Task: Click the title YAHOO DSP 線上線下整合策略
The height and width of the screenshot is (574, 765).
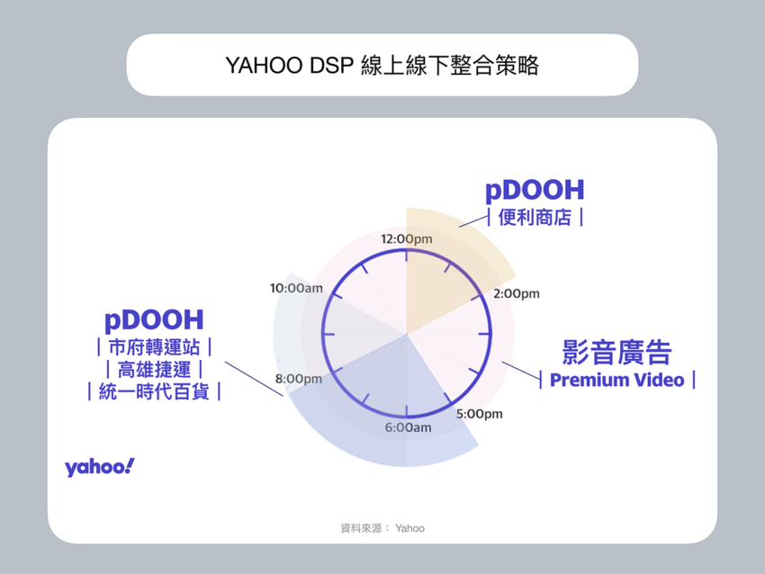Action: [382, 66]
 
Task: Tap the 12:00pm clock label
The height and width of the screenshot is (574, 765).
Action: [407, 239]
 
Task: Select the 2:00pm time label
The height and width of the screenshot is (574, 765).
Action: [516, 293]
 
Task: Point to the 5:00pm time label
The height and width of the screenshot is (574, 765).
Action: [479, 415]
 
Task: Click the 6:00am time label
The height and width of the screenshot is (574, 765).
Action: [408, 427]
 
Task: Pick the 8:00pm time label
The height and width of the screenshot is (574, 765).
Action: [298, 379]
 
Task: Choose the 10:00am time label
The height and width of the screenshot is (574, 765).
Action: [296, 288]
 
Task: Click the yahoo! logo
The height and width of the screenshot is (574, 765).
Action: [99, 467]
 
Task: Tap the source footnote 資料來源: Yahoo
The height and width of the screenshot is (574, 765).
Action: [382, 528]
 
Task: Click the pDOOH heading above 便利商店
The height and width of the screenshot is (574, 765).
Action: [534, 190]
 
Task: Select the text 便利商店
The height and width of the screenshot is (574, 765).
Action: [534, 218]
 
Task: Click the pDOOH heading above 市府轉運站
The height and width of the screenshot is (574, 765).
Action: [153, 319]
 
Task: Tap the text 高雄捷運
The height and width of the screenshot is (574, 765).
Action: [153, 370]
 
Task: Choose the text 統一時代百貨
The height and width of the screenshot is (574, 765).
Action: [153, 392]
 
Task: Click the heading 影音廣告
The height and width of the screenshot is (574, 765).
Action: [616, 351]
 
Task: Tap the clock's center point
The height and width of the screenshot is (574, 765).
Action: [407, 334]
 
